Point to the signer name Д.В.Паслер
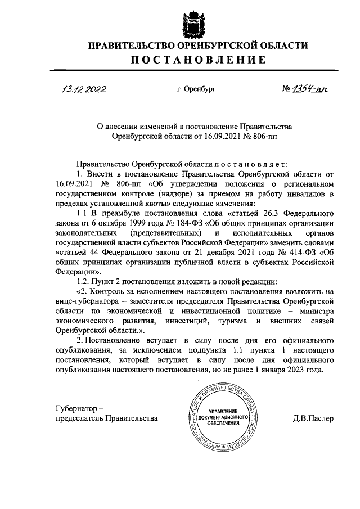click(313, 418)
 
